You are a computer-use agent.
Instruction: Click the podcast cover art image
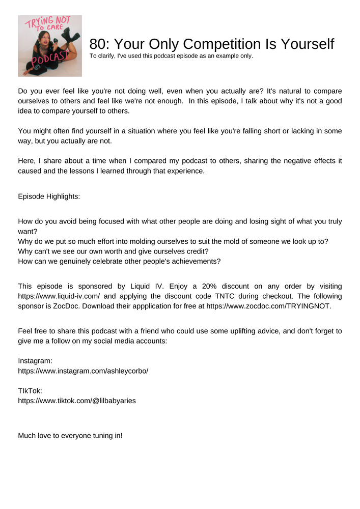[50, 46]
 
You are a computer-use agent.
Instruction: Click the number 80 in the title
[97, 45]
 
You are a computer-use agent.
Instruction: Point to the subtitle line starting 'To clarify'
[171, 56]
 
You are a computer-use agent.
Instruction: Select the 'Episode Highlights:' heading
[49, 196]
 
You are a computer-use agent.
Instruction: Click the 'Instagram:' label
[35, 361]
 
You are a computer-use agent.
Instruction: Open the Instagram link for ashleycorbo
[83, 371]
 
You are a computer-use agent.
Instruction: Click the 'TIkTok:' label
[30, 391]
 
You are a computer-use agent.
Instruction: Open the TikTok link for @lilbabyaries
[77, 401]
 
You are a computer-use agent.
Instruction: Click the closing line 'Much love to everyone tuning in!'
[70, 436]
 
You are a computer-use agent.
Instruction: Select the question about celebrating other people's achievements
[119, 261]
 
